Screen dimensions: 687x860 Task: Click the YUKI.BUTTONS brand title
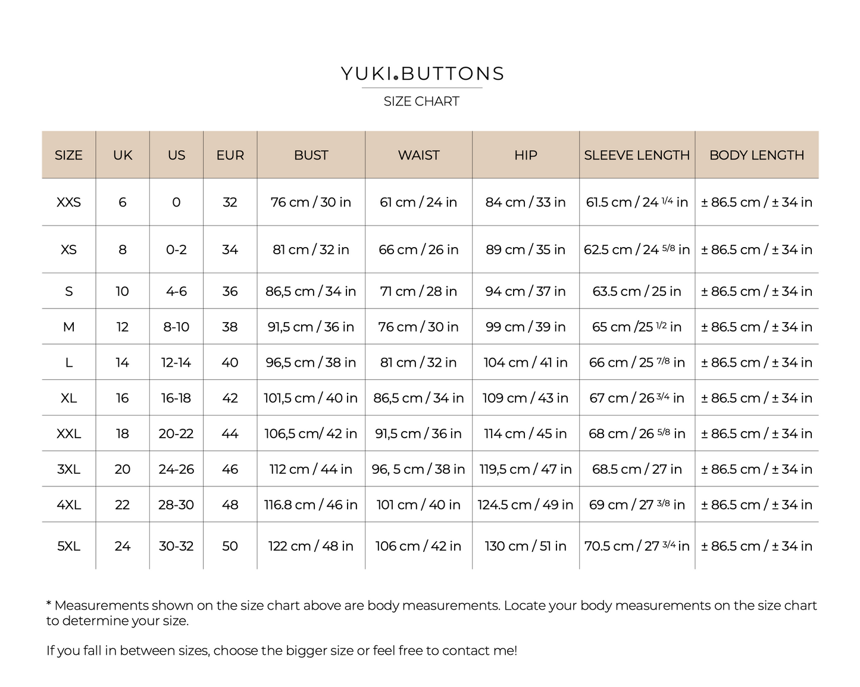pyautogui.click(x=422, y=74)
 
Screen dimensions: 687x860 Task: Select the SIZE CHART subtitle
pyautogui.click(x=421, y=102)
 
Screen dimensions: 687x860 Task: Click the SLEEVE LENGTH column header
pyautogui.click(x=636, y=155)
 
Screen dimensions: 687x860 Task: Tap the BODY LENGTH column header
pyautogui.click(x=756, y=155)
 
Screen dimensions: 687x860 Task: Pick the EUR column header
pyautogui.click(x=230, y=155)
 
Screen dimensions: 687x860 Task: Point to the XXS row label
pyautogui.click(x=68, y=202)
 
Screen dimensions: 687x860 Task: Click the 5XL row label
pyautogui.click(x=68, y=546)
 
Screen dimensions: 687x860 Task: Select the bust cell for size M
pyautogui.click(x=311, y=327)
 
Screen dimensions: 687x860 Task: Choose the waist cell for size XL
pyautogui.click(x=418, y=398)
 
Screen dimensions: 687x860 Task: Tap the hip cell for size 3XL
pyautogui.click(x=526, y=469)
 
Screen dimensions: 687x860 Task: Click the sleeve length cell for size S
pyautogui.click(x=636, y=292)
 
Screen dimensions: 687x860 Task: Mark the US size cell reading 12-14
pyautogui.click(x=176, y=363)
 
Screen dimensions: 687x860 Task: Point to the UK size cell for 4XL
pyautogui.click(x=122, y=505)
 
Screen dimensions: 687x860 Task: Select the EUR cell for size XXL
pyautogui.click(x=230, y=433)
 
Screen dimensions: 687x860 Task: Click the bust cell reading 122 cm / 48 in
pyautogui.click(x=311, y=546)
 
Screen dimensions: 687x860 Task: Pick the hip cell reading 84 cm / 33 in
pyautogui.click(x=526, y=202)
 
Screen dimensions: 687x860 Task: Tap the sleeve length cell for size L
pyautogui.click(x=636, y=363)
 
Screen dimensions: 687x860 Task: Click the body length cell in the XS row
pyautogui.click(x=756, y=250)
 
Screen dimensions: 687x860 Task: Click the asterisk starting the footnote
pyautogui.click(x=49, y=604)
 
